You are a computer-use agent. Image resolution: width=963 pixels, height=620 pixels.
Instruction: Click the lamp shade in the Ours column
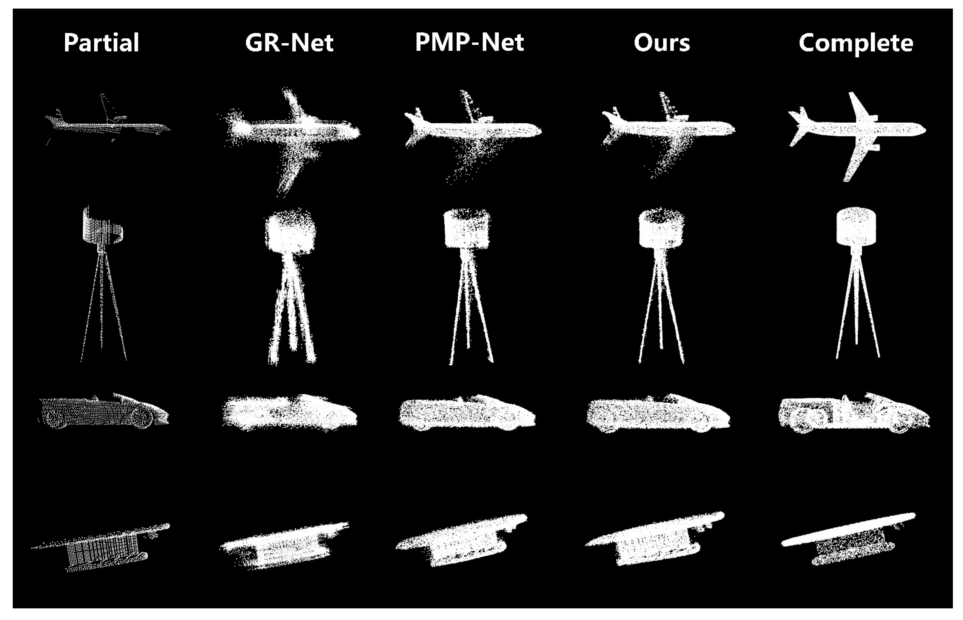[661, 229]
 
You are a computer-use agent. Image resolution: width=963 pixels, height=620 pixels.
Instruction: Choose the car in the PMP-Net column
[467, 413]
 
